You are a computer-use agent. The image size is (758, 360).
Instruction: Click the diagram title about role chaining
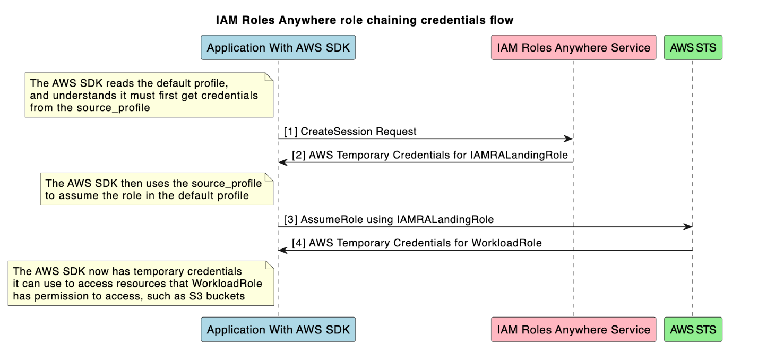365,21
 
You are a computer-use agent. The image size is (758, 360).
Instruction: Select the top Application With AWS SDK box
278,48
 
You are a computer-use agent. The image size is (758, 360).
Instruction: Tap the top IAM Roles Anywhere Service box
573,48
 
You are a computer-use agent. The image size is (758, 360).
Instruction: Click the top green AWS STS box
693,48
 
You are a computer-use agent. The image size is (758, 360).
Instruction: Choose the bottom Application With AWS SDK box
278,330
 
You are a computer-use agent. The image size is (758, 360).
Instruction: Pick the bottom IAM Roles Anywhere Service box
573,330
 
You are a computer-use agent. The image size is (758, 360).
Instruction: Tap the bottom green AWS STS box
693,330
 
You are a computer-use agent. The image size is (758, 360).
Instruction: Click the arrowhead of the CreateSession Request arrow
568,139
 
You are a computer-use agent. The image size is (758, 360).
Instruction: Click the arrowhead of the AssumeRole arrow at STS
688,227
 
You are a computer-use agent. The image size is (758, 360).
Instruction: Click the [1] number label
290,131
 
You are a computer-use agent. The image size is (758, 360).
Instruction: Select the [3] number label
290,219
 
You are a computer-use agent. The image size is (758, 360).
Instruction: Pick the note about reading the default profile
149,95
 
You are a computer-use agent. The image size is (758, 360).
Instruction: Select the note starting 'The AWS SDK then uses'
157,190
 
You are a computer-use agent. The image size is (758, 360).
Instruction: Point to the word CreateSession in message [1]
331,131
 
